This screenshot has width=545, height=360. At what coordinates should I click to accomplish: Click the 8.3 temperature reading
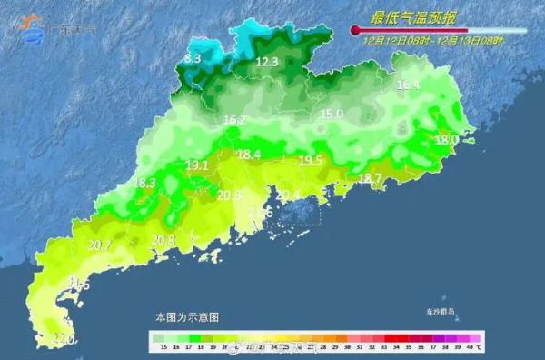(x=193, y=58)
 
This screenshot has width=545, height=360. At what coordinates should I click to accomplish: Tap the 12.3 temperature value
(x=266, y=62)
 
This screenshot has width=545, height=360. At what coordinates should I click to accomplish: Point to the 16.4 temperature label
(x=408, y=85)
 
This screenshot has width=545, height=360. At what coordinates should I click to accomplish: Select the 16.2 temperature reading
(x=234, y=120)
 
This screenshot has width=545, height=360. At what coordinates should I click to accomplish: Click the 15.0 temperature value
(x=332, y=115)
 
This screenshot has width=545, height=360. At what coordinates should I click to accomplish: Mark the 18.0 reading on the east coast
(x=446, y=140)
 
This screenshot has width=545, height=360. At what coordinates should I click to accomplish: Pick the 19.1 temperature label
(x=197, y=165)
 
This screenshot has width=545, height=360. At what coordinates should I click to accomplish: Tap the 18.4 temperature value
(x=249, y=155)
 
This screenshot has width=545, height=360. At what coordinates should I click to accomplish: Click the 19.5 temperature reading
(x=311, y=160)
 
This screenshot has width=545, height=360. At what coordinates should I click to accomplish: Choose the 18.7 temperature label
(x=371, y=178)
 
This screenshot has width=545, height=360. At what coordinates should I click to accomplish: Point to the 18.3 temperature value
(x=144, y=183)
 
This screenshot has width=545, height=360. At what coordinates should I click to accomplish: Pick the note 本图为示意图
(x=187, y=317)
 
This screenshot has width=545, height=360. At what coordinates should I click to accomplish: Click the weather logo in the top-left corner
(x=34, y=28)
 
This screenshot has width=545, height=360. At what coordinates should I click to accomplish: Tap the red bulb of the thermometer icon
(x=355, y=32)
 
